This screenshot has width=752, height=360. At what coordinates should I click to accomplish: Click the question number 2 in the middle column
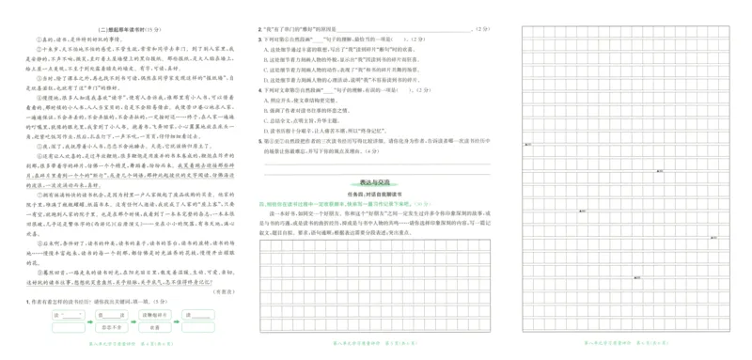click(259, 29)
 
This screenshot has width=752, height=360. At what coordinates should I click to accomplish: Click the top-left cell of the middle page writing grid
click(265, 245)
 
